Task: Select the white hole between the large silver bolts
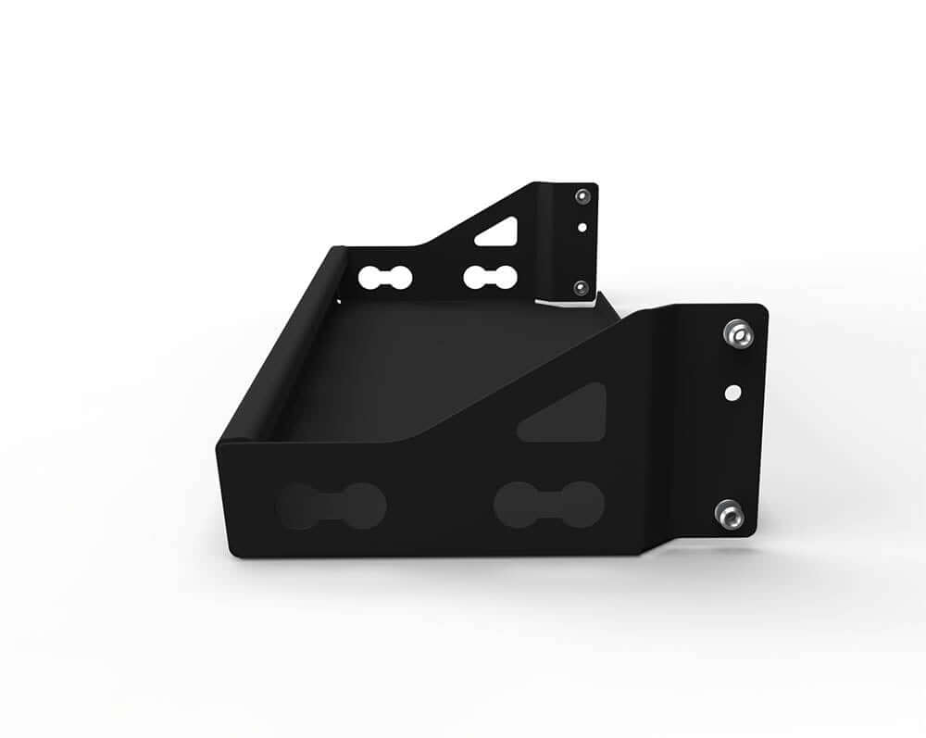click(732, 392)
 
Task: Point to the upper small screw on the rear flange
click(581, 196)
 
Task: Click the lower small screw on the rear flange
click(580, 287)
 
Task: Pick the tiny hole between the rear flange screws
click(581, 225)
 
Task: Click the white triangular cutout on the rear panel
click(498, 232)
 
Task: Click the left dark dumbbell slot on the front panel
click(331, 506)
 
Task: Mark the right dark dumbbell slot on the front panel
click(548, 505)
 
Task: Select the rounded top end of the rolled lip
click(337, 251)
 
